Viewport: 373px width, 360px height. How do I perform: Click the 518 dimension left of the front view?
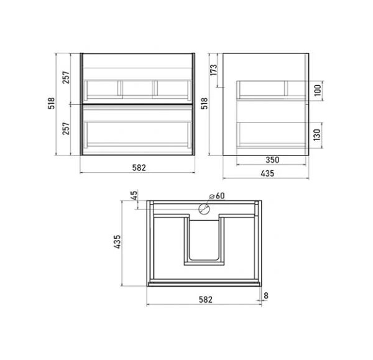(52, 103)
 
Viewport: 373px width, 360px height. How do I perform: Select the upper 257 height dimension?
(66, 77)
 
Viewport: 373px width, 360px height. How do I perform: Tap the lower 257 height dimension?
(66, 129)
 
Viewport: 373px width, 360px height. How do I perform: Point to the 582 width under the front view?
(139, 168)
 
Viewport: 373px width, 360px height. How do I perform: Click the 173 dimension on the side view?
(214, 70)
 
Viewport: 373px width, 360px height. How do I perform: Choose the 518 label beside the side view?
(205, 103)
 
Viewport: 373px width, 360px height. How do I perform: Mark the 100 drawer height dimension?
(318, 90)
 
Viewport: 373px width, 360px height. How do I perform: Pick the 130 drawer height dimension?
(317, 135)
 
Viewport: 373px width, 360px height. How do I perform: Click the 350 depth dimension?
(272, 160)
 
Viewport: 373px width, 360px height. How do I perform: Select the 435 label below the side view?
(267, 173)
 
